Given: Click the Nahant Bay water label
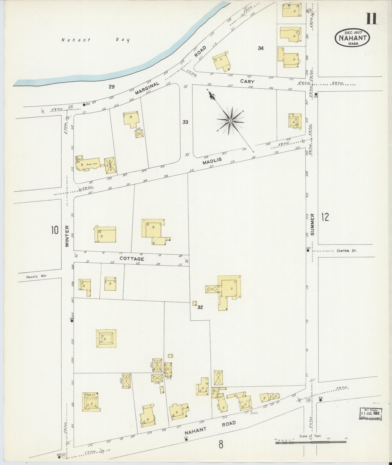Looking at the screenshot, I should click(x=95, y=40).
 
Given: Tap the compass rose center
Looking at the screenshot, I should click(x=230, y=120).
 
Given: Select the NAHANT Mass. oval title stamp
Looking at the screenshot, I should click(x=352, y=38).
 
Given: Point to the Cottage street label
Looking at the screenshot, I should click(x=132, y=259).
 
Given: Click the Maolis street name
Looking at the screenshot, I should click(x=212, y=161).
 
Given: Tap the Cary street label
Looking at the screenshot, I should click(x=247, y=81).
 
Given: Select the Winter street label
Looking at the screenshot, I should click(x=67, y=236).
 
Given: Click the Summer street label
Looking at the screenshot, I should click(x=313, y=224).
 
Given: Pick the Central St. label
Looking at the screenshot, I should click(x=346, y=251).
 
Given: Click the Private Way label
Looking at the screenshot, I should click(x=36, y=276).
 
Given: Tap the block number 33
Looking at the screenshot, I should click(x=185, y=122).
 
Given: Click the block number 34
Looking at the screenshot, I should click(x=261, y=48).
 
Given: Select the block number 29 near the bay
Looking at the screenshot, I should click(x=111, y=87).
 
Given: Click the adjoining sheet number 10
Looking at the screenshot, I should click(x=55, y=230).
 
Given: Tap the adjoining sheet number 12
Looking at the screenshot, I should click(x=325, y=217).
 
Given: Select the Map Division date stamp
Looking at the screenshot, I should click(x=371, y=414).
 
